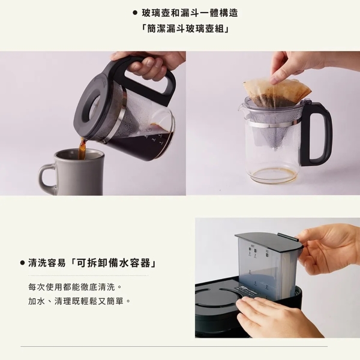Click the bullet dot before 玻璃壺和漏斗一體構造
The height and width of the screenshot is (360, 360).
pos(135,13)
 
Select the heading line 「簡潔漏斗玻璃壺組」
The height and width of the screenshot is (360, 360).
pos(185,29)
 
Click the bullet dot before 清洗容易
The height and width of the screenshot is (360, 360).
pos(22,263)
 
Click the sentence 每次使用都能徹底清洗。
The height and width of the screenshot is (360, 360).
pos(75,287)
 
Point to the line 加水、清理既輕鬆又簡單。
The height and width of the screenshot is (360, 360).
pos(79,301)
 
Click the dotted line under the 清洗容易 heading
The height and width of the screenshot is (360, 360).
pos(88,275)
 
